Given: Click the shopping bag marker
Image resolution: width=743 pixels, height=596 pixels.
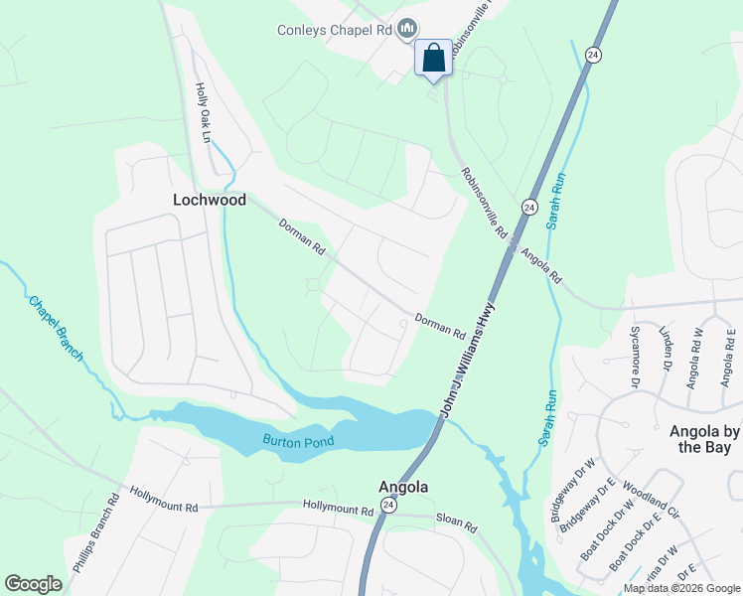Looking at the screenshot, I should [x=433, y=57].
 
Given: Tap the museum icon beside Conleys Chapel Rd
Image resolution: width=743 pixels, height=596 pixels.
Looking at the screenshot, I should [x=405, y=30].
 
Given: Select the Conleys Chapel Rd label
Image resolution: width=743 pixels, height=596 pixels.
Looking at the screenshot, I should [x=335, y=30].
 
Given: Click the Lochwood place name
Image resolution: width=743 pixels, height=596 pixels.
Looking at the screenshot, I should [x=210, y=200].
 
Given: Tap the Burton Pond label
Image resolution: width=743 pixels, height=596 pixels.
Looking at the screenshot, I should [x=298, y=440].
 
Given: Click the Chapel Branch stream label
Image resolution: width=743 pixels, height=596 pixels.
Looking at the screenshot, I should [x=56, y=329].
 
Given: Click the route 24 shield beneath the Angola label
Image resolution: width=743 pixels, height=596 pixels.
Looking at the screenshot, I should [x=388, y=506].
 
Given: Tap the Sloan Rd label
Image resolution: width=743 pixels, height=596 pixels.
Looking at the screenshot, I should [x=457, y=522].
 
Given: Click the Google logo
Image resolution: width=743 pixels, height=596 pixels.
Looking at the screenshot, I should [x=34, y=584].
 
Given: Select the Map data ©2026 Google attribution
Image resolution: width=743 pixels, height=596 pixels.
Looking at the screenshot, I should [x=681, y=588].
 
